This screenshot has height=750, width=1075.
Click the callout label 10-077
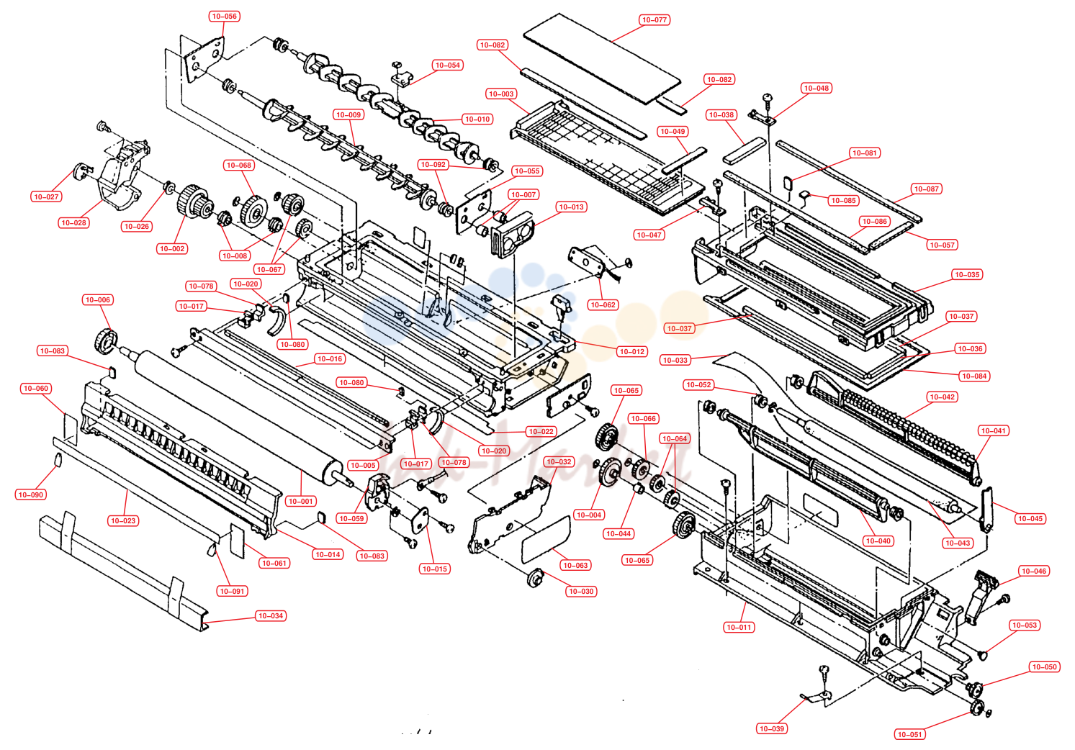[655, 19]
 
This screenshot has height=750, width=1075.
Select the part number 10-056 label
[224, 17]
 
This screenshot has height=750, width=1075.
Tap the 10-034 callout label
[271, 615]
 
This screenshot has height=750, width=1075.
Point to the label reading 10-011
[739, 627]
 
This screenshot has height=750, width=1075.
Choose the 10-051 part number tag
[910, 734]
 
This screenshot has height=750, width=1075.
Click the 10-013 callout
[572, 207]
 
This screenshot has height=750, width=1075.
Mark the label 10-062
[603, 304]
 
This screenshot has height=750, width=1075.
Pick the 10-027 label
[46, 196]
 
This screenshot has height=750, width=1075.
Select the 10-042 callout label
[942, 397]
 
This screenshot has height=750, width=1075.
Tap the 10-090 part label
[31, 494]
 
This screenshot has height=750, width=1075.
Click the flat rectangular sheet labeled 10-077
[602, 58]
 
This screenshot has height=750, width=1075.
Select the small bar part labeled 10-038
[745, 150]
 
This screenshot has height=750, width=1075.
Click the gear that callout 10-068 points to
[254, 211]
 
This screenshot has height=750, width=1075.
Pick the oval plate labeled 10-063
[546, 539]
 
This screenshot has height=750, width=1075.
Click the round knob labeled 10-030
[535, 578]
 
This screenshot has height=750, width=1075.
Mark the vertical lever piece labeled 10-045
[986, 510]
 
